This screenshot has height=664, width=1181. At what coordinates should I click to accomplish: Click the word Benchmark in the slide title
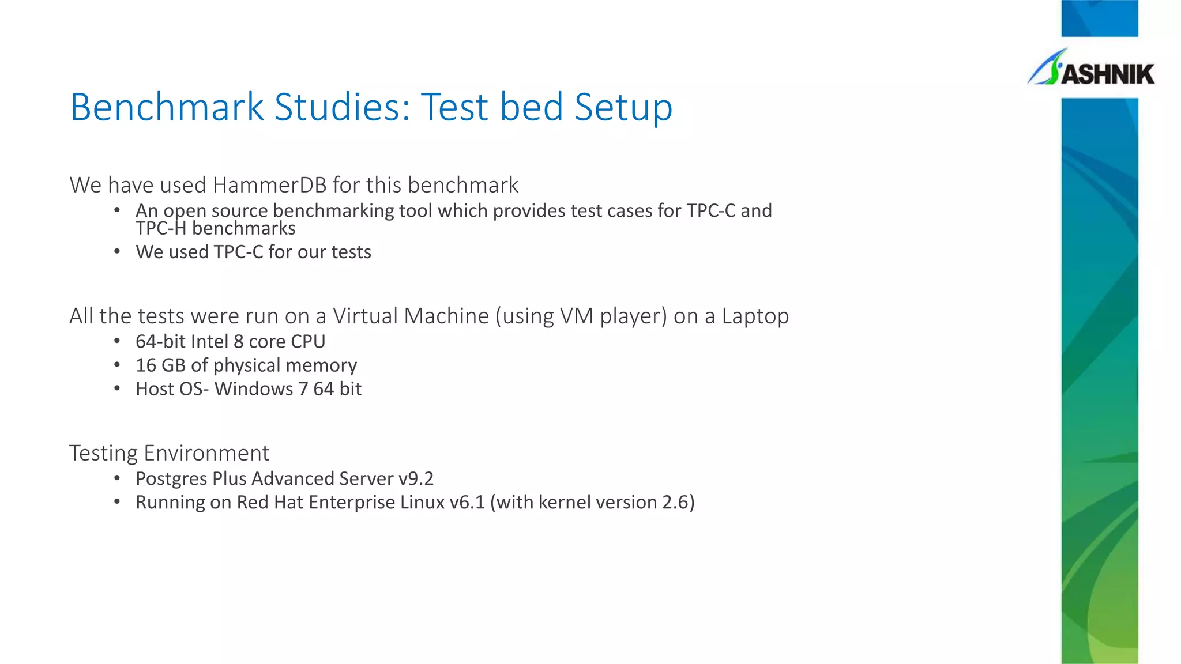(167, 107)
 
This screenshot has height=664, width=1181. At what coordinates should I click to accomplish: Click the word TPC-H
(161, 229)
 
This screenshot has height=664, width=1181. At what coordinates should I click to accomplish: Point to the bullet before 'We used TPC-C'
(117, 252)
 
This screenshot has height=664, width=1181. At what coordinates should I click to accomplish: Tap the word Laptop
(755, 316)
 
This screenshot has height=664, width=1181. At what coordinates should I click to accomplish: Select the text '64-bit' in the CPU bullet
(160, 342)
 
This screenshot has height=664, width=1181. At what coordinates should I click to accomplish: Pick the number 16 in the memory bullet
(145, 365)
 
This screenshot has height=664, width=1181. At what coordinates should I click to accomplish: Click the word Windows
(254, 389)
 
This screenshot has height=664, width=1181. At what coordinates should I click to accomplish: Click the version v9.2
(416, 479)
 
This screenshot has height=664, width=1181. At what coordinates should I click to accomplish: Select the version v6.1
(467, 503)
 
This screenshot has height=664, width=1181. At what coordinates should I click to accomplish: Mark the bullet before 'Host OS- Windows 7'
(117, 389)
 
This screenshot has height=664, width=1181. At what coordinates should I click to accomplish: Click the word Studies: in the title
(343, 107)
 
